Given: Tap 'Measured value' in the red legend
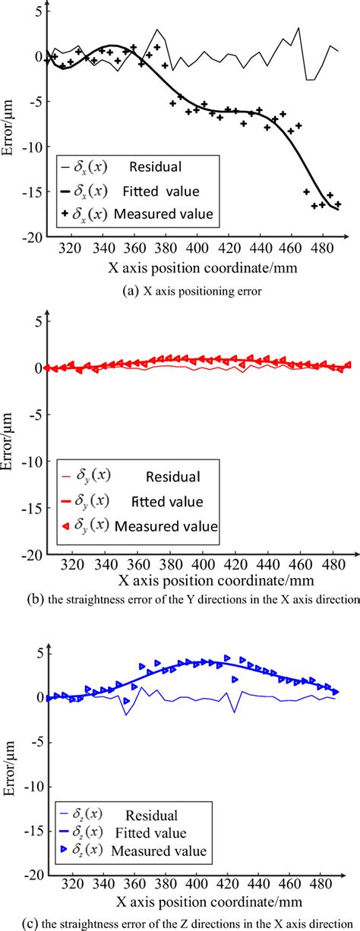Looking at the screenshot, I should (x=175, y=525).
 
